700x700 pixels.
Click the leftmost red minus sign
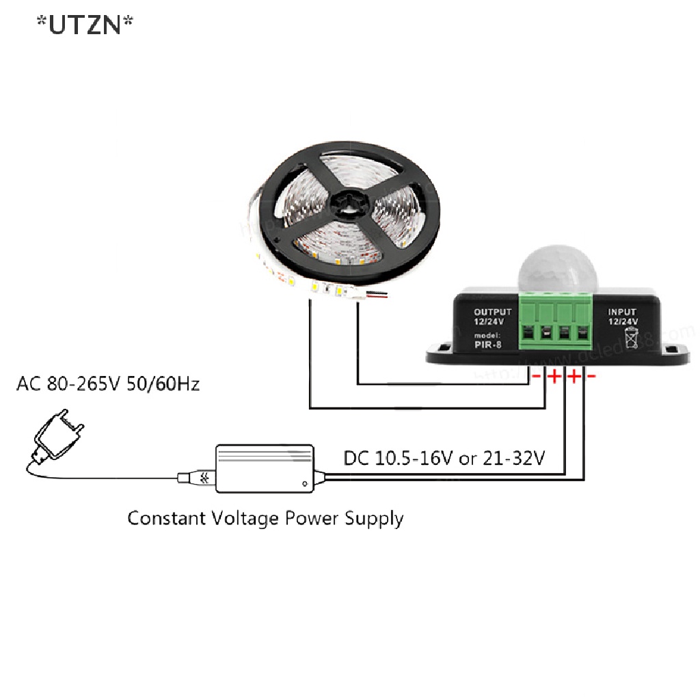tap(537, 377)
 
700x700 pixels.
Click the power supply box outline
tap(265, 469)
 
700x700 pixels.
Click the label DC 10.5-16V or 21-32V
tap(444, 457)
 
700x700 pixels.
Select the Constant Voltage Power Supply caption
tap(265, 517)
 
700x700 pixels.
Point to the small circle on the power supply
tap(305, 483)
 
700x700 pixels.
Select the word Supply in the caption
tap(373, 519)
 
